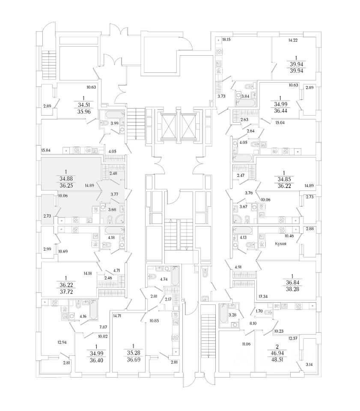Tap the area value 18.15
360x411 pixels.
[226, 40]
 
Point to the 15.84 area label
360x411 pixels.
[46, 150]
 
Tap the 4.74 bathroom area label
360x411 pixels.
[164, 279]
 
